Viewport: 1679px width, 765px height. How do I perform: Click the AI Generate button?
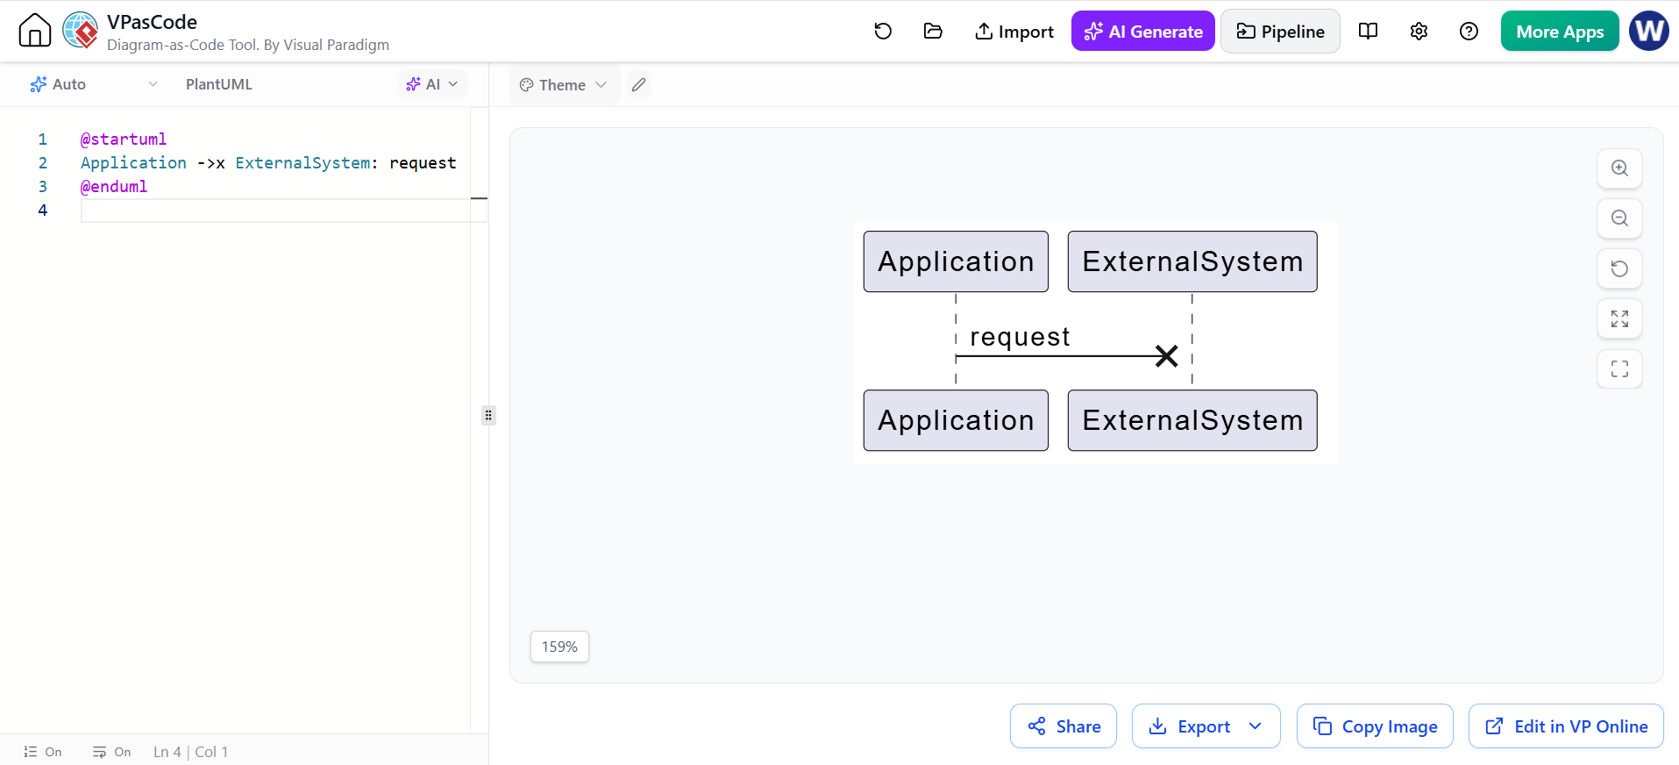pos(1142,32)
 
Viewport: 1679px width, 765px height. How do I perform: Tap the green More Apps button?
pos(1560,32)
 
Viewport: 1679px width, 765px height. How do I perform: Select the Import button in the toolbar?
pos(1014,32)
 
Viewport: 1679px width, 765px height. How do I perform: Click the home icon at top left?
pos(35,31)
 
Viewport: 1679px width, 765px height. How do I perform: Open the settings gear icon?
pos(1419,32)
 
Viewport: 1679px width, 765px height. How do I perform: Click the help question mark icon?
pos(1469,32)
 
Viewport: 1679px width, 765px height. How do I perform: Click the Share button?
pos(1064,726)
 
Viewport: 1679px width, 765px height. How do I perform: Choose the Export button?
pos(1206,726)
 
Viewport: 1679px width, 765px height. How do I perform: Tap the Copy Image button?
pos(1375,726)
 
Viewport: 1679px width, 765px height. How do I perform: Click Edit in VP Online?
pos(1566,726)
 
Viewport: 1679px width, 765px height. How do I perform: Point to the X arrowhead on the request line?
pos(1166,356)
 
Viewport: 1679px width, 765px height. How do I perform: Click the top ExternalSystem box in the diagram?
pos(1192,261)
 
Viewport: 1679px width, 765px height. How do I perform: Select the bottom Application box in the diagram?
pos(956,420)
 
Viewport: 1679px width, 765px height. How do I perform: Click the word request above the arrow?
pos(1020,338)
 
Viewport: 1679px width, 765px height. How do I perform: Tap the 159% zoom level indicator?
pos(559,647)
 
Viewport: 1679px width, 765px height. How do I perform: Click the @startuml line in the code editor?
pos(124,139)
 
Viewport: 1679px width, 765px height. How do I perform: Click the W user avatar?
pos(1649,32)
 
